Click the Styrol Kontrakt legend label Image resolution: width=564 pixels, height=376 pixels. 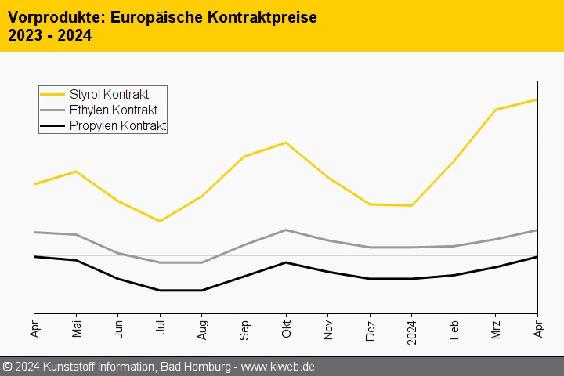109,95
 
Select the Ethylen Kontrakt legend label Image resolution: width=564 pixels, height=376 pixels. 113,110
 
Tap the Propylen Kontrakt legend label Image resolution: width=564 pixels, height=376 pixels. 117,126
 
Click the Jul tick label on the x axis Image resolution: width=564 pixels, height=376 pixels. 161,325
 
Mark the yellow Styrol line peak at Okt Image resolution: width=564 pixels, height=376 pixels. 287,143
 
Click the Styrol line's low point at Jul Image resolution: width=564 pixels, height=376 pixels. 161,221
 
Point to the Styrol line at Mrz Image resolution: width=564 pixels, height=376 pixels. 496,110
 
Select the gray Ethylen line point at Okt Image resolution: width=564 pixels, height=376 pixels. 287,230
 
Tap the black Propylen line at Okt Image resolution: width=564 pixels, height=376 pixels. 287,262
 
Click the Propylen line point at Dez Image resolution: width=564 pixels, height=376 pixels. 371,278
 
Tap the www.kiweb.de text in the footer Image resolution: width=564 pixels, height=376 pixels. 279,367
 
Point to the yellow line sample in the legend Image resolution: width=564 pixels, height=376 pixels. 52,95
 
